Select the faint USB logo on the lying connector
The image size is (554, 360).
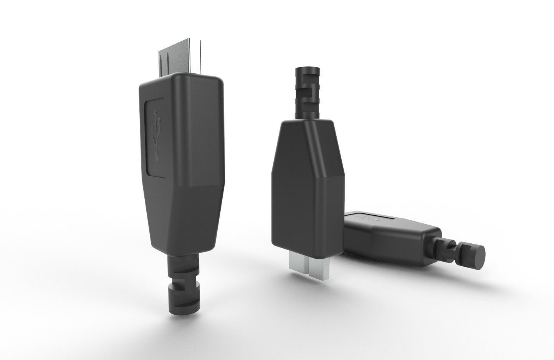pyautogui.click(x=367, y=218)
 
